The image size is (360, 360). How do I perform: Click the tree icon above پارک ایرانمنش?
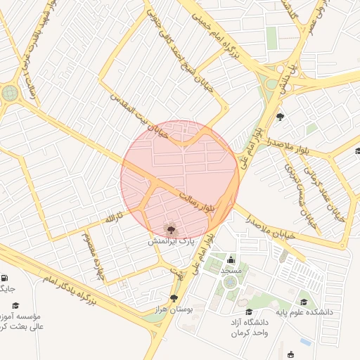click(x=170, y=229)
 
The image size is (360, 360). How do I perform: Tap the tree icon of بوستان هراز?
click(x=174, y=299)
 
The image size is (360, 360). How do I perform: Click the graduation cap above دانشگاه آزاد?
click(x=247, y=311)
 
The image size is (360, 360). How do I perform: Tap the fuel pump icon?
click(x=6, y=278)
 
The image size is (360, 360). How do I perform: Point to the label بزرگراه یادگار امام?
click(x=67, y=290)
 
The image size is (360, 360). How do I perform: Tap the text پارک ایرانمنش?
click(x=170, y=241)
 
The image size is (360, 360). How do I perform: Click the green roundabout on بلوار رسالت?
click(x=10, y=93)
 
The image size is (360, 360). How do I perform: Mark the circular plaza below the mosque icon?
click(x=230, y=283)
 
